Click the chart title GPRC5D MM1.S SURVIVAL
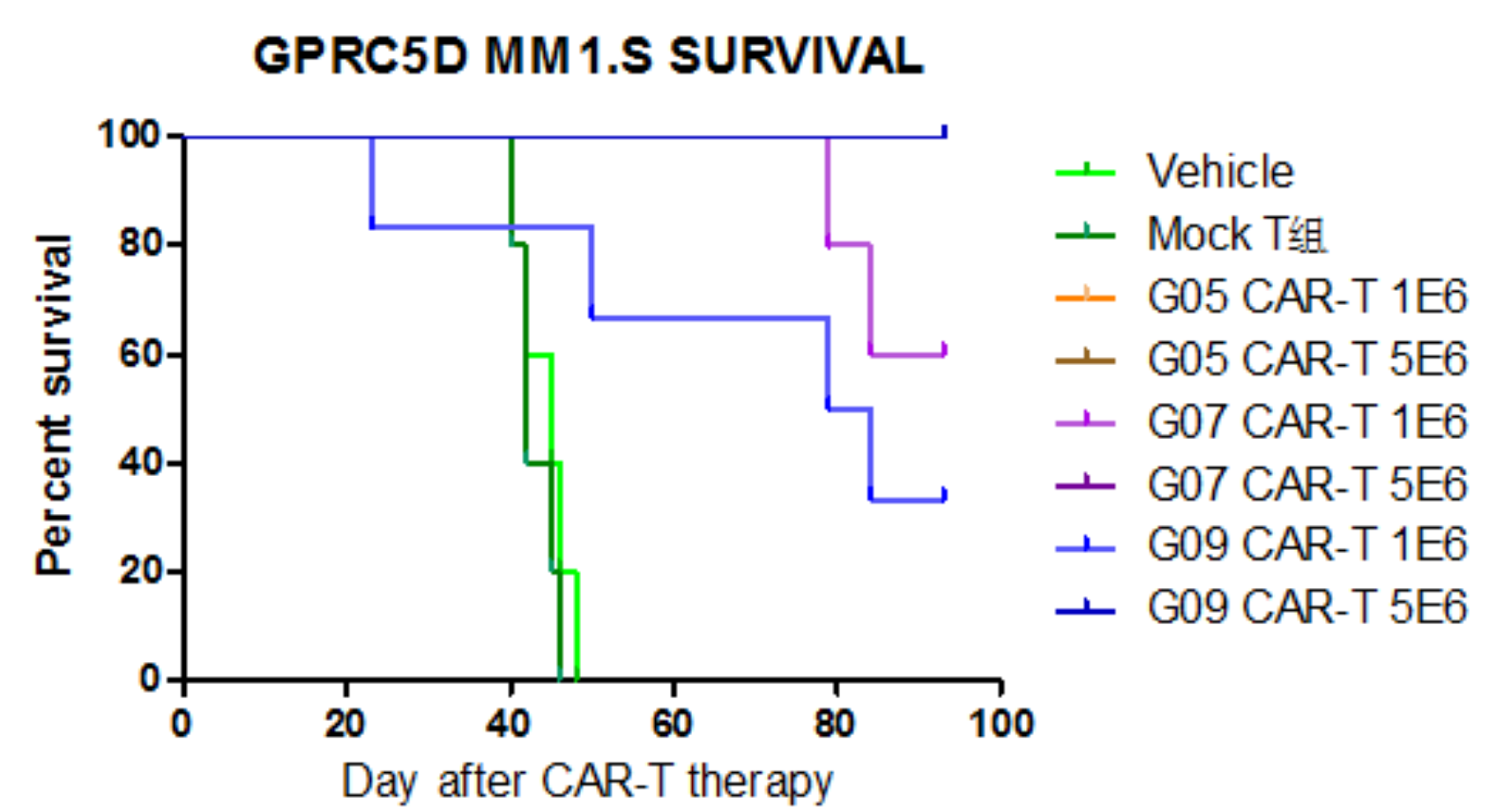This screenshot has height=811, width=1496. click(x=588, y=56)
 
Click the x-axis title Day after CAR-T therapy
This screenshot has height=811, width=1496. click(x=587, y=781)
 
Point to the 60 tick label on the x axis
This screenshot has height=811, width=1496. click(x=672, y=725)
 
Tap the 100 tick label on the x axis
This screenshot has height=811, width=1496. click(x=1001, y=725)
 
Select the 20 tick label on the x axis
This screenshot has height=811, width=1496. click(x=345, y=725)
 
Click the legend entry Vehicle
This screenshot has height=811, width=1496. click(x=1220, y=171)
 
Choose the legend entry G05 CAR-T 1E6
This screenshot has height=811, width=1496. click(x=1306, y=297)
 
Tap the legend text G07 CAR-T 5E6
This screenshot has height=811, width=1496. click(x=1306, y=484)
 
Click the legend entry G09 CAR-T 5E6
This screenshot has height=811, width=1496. click(x=1306, y=607)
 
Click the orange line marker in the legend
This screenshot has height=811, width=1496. click(x=1085, y=297)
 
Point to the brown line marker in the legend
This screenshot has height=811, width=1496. click(x=1085, y=360)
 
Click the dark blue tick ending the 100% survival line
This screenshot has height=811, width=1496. click(x=944, y=132)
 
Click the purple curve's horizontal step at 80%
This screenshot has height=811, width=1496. click(x=849, y=244)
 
